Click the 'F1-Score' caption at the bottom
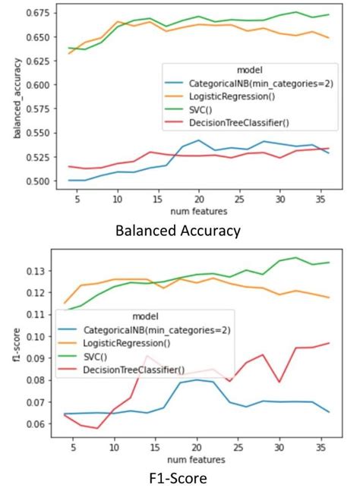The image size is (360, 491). tap(180, 478)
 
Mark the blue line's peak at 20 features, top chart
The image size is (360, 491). tap(198, 140)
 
